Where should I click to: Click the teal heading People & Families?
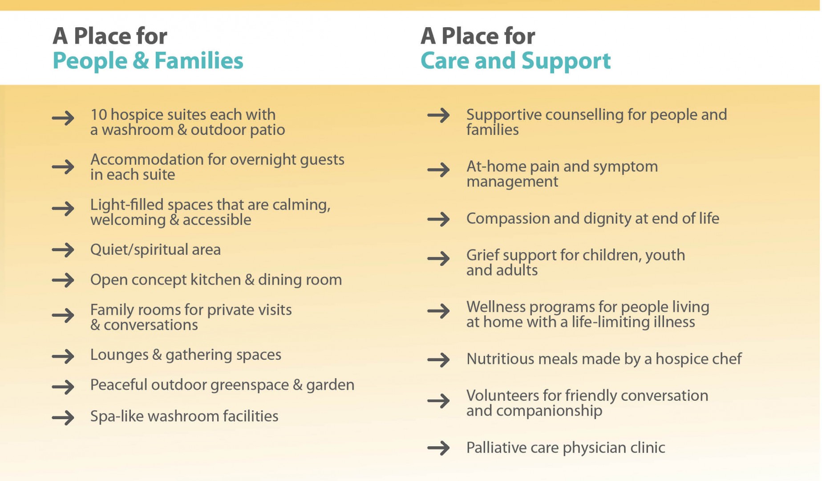pos(148,61)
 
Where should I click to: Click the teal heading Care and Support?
pos(515,61)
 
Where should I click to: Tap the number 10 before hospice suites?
pos(98,115)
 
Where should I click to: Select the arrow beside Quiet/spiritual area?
pos(63,249)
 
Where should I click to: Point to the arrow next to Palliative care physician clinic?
pos(438,448)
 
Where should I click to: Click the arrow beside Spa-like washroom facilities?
pos(63,417)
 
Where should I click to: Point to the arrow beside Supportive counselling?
pos(438,115)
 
